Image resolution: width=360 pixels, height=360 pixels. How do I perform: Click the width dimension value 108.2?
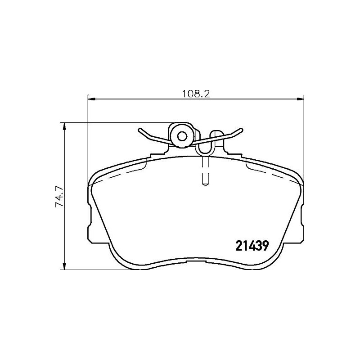tap(197, 94)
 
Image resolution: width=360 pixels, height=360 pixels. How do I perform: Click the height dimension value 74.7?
tap(58, 197)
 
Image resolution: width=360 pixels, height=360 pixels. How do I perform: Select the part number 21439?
tap(252, 246)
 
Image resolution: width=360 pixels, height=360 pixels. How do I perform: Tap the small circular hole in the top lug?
tap(182, 136)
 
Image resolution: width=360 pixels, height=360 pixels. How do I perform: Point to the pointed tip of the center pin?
tap(205, 184)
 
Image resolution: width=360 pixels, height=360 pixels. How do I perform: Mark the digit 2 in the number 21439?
tap(238, 246)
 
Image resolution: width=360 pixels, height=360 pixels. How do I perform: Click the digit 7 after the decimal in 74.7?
tap(58, 186)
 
